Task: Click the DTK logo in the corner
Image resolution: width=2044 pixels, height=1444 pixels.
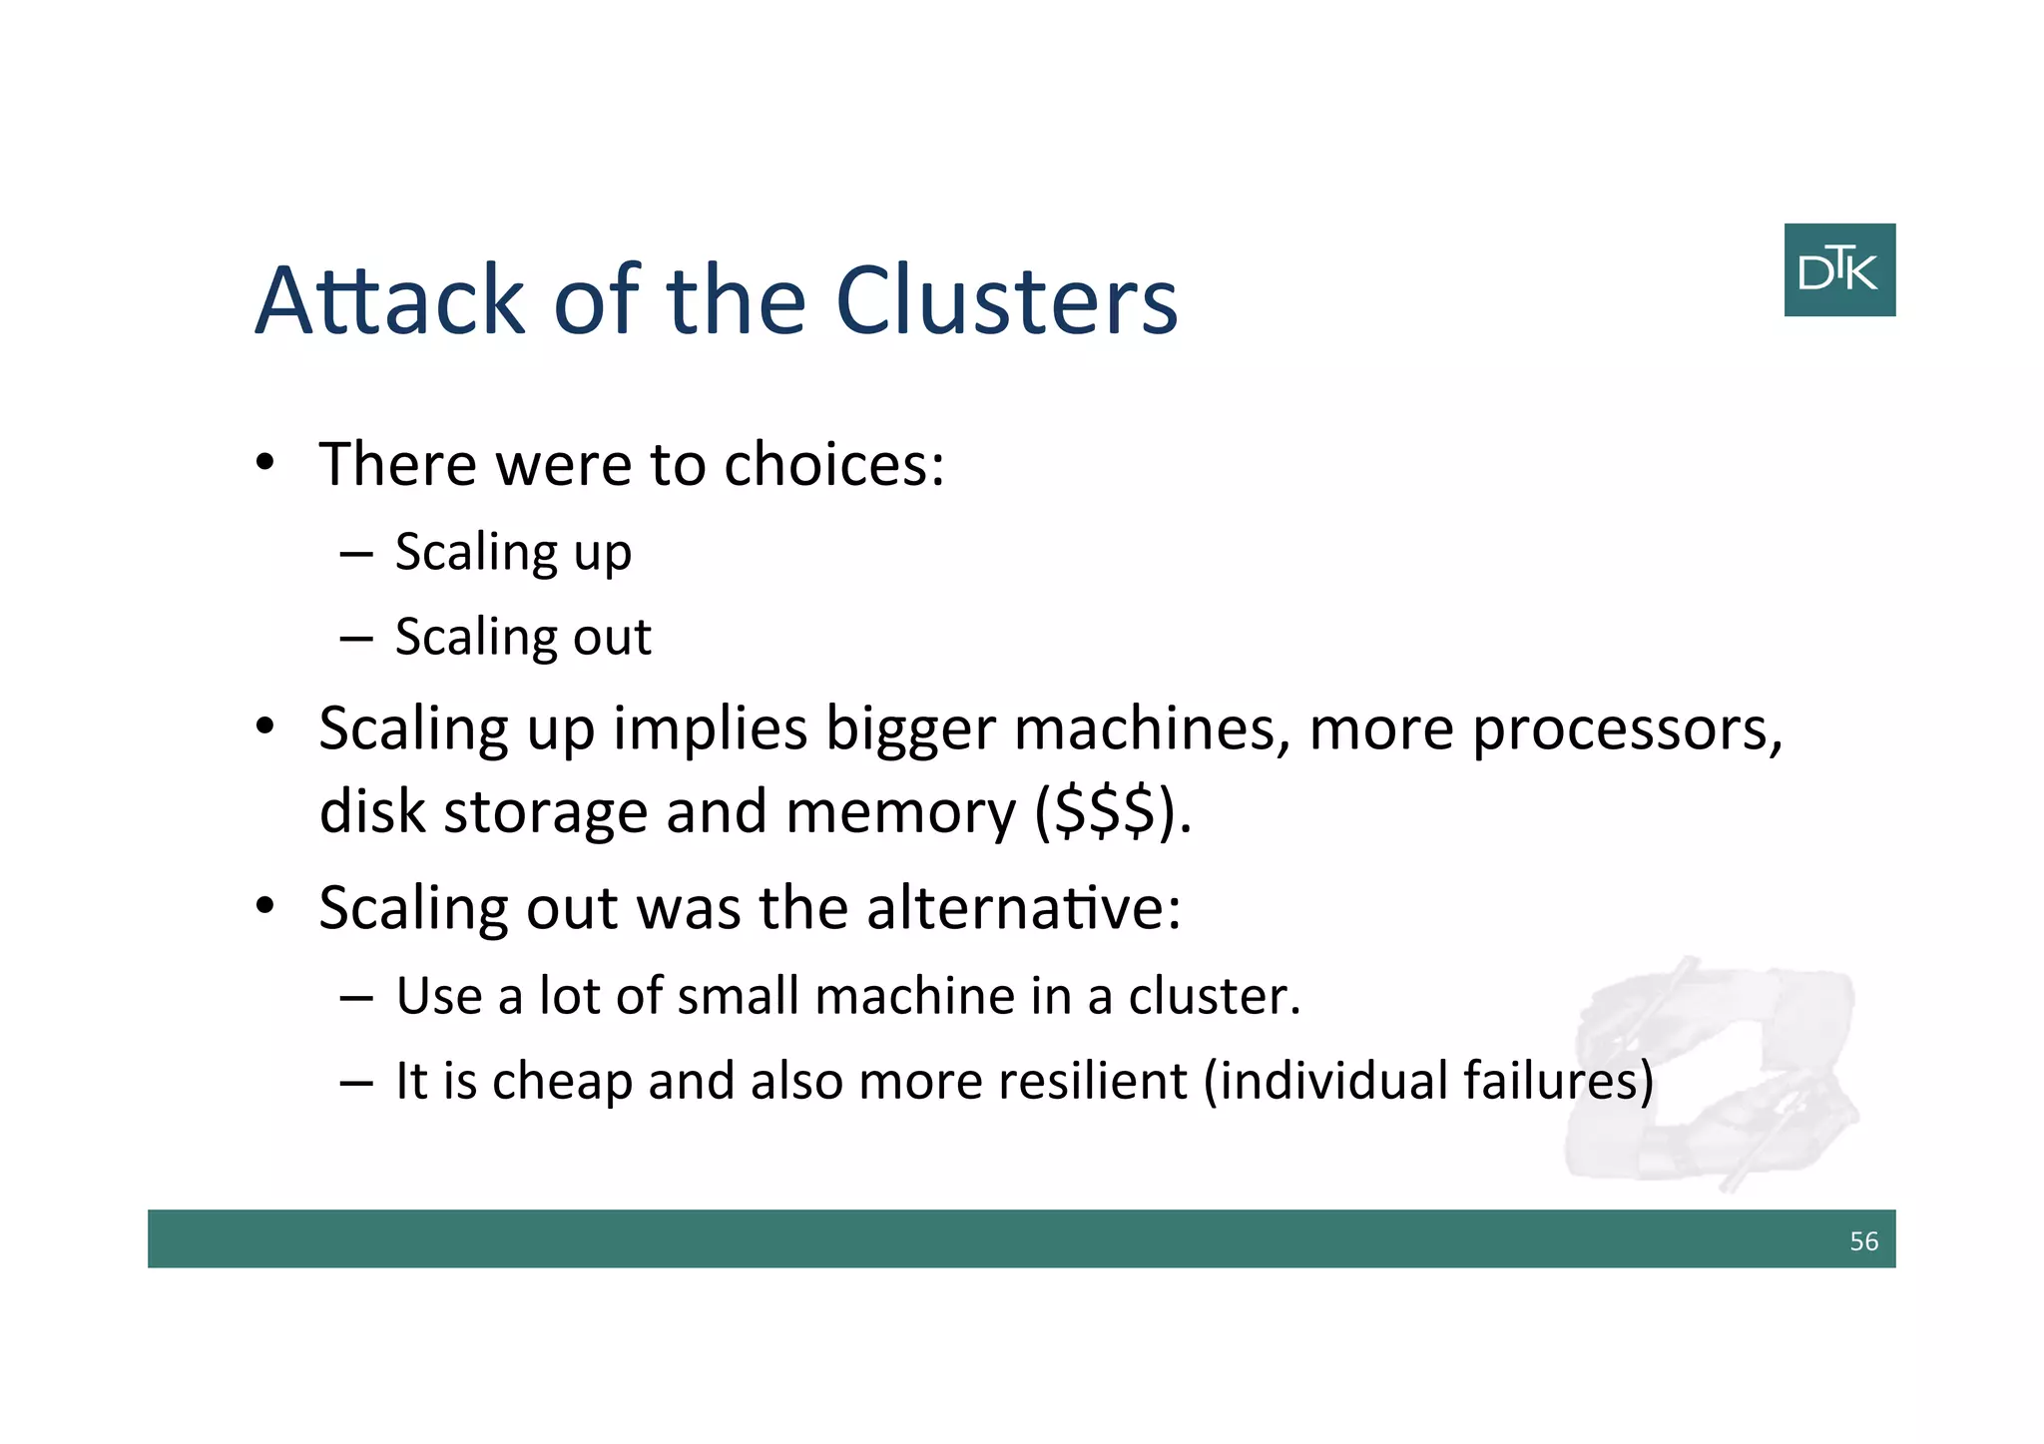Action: click(1838, 270)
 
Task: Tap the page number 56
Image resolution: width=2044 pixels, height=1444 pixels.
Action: click(1863, 1241)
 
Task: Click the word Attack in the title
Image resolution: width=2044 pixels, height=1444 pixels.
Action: click(389, 300)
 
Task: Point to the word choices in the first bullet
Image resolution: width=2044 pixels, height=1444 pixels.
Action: click(833, 465)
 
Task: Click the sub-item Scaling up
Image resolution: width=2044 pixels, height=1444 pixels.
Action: click(513, 553)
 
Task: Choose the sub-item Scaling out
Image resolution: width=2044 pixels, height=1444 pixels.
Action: click(523, 638)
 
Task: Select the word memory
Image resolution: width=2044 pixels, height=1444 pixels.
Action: click(900, 813)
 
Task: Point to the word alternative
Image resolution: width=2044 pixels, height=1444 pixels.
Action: click(1023, 909)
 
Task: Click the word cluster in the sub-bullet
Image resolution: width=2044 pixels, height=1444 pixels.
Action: click(1214, 996)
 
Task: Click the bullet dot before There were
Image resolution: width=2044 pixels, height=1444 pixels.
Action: click(264, 463)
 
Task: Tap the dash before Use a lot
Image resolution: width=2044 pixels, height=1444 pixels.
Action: click(355, 997)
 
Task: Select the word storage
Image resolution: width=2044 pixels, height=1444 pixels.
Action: click(546, 813)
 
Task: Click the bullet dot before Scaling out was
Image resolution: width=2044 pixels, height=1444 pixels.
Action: click(264, 906)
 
